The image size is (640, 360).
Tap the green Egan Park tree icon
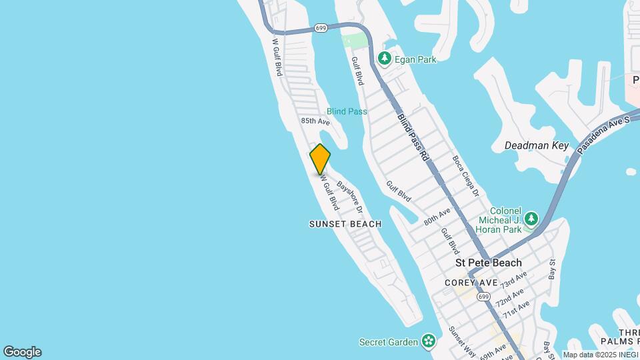coord(385,59)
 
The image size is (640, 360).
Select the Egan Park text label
coord(415,59)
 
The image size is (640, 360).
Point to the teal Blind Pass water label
coord(347,111)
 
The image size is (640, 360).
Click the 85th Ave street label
coord(315,121)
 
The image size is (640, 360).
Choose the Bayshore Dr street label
coord(349,193)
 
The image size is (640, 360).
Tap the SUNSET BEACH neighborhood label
coord(345,225)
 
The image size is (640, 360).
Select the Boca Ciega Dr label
coord(466,176)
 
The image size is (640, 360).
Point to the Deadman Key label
coord(536,145)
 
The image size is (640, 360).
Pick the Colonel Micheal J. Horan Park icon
coord(531,219)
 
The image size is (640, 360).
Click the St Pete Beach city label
coord(489,263)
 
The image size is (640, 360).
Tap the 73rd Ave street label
coord(514,280)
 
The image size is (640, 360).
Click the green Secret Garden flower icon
coord(428,343)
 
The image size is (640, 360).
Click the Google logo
coord(22,352)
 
